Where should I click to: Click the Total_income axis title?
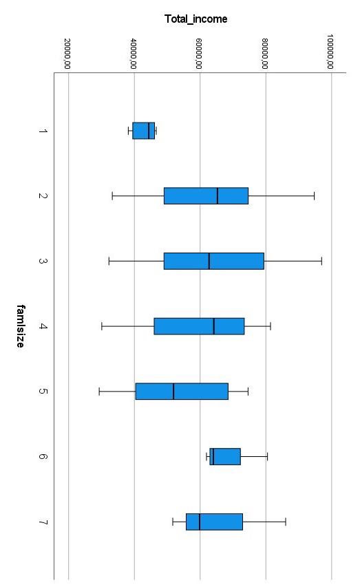coord(196,19)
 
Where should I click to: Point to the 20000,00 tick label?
coord(67,54)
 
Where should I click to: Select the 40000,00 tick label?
coord(134,54)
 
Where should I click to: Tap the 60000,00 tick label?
coord(200,54)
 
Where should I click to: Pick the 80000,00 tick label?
coord(266,54)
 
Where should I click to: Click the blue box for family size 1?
coord(143,131)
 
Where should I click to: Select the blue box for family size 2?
coord(206,196)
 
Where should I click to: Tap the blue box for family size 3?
coord(213,262)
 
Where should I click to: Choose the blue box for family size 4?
coord(199,326)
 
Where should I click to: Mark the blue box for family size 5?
coord(182,391)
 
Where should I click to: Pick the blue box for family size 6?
coord(225,456)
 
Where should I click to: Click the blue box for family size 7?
coord(214,522)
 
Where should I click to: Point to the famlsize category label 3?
coord(43,262)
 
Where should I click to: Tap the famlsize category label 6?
coord(43,456)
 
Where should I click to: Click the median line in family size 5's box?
coord(173,391)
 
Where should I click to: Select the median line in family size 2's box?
coord(218,196)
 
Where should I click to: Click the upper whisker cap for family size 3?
coord(321,262)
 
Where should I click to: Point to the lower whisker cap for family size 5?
coord(99,391)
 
